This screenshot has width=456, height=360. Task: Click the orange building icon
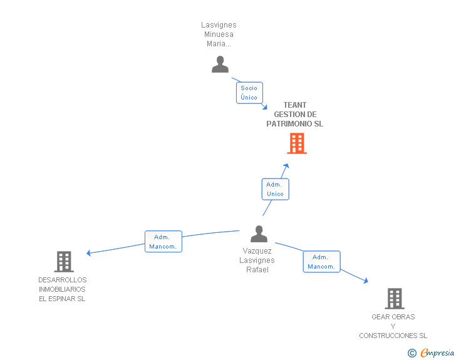(297, 143)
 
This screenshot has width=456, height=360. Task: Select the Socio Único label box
(249, 93)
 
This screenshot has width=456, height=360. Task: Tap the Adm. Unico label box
(276, 189)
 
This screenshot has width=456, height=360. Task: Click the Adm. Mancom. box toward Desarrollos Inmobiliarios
(163, 242)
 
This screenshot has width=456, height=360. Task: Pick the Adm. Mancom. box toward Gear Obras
(322, 262)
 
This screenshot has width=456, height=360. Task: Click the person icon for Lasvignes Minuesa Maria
(220, 64)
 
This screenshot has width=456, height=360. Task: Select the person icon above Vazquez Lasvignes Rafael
(259, 234)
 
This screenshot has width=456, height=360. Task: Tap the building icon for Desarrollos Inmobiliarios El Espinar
(64, 262)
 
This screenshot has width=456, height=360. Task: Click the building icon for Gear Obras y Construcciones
(395, 299)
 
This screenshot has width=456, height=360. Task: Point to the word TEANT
(295, 105)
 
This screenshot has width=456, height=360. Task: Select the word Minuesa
(219, 34)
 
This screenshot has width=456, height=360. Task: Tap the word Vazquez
(257, 251)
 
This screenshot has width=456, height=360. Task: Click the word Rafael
(257, 270)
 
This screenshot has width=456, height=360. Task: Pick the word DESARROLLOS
(63, 280)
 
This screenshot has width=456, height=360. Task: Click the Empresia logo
(437, 353)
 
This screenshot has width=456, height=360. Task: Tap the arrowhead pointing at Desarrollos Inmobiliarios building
(89, 253)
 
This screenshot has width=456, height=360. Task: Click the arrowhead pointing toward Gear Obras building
(366, 280)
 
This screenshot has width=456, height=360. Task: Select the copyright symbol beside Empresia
(412, 353)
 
